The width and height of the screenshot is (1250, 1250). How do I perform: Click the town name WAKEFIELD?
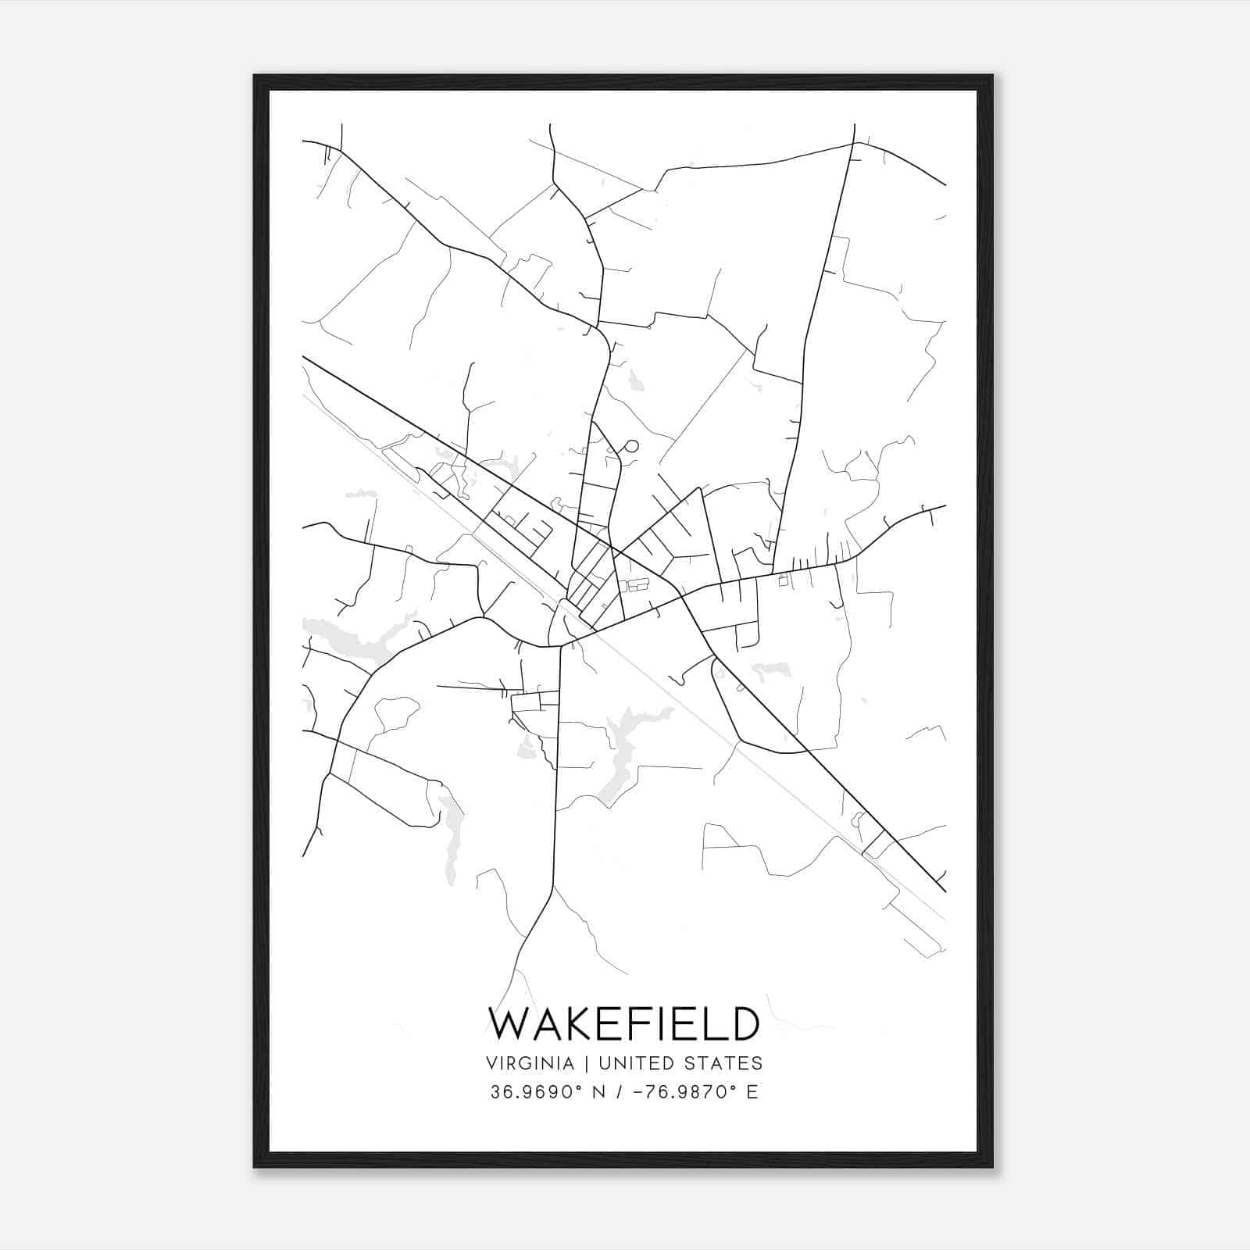coord(624,1023)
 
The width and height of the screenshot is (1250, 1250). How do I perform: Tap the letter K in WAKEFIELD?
coord(576,1023)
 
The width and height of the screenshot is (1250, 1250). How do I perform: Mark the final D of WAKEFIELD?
coord(743,1023)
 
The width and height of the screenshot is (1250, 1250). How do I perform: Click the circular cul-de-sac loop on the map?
coord(631,447)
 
